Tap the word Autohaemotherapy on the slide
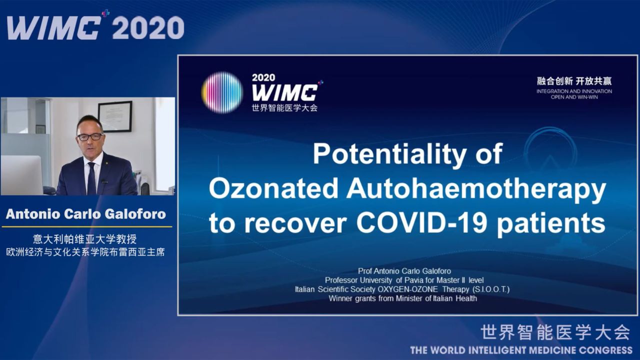[475, 189]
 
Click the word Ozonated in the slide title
[273, 188]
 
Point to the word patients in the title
[550, 223]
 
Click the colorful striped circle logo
[222, 92]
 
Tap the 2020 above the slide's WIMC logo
[263, 77]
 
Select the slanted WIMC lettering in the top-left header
[54, 27]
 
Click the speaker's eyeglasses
[90, 137]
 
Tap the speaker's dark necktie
[91, 179]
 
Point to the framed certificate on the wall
[115, 116]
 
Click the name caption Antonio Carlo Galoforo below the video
[85, 214]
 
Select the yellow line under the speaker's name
[87, 227]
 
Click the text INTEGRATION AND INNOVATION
[574, 91]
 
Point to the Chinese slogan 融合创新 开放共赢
[574, 81]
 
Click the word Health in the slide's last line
[466, 298]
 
